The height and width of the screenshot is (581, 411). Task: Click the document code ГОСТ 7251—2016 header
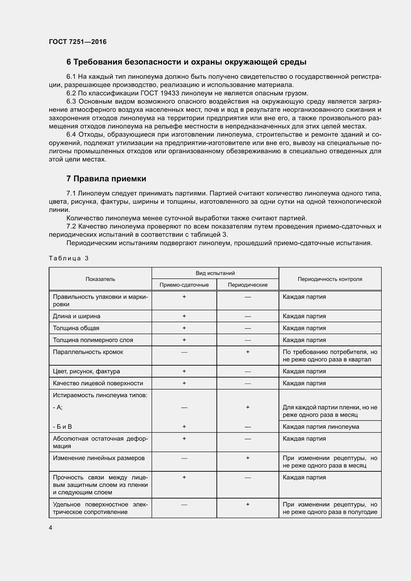[78, 42]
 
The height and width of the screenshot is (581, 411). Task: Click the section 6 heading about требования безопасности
[186, 62]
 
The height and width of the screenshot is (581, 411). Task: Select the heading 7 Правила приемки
[106, 179]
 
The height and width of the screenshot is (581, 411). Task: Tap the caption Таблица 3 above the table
[69, 258]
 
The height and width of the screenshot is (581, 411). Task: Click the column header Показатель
[100, 279]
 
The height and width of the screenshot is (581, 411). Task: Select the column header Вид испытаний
[215, 273]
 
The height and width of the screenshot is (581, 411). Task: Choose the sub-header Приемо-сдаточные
[184, 285]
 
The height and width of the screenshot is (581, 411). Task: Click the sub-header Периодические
[247, 285]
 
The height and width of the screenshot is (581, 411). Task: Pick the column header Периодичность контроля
[330, 279]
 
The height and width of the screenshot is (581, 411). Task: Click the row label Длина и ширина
[77, 316]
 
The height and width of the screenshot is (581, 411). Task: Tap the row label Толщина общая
[76, 328]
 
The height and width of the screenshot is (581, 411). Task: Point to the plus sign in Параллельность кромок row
[248, 352]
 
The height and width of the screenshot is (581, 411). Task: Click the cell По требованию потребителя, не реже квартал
[330, 355]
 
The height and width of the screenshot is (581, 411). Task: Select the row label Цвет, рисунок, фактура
[86, 371]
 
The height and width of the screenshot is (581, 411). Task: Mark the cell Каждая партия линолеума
[321, 427]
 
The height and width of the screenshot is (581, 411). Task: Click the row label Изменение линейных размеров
[99, 458]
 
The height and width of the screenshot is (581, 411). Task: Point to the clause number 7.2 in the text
[71, 227]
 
